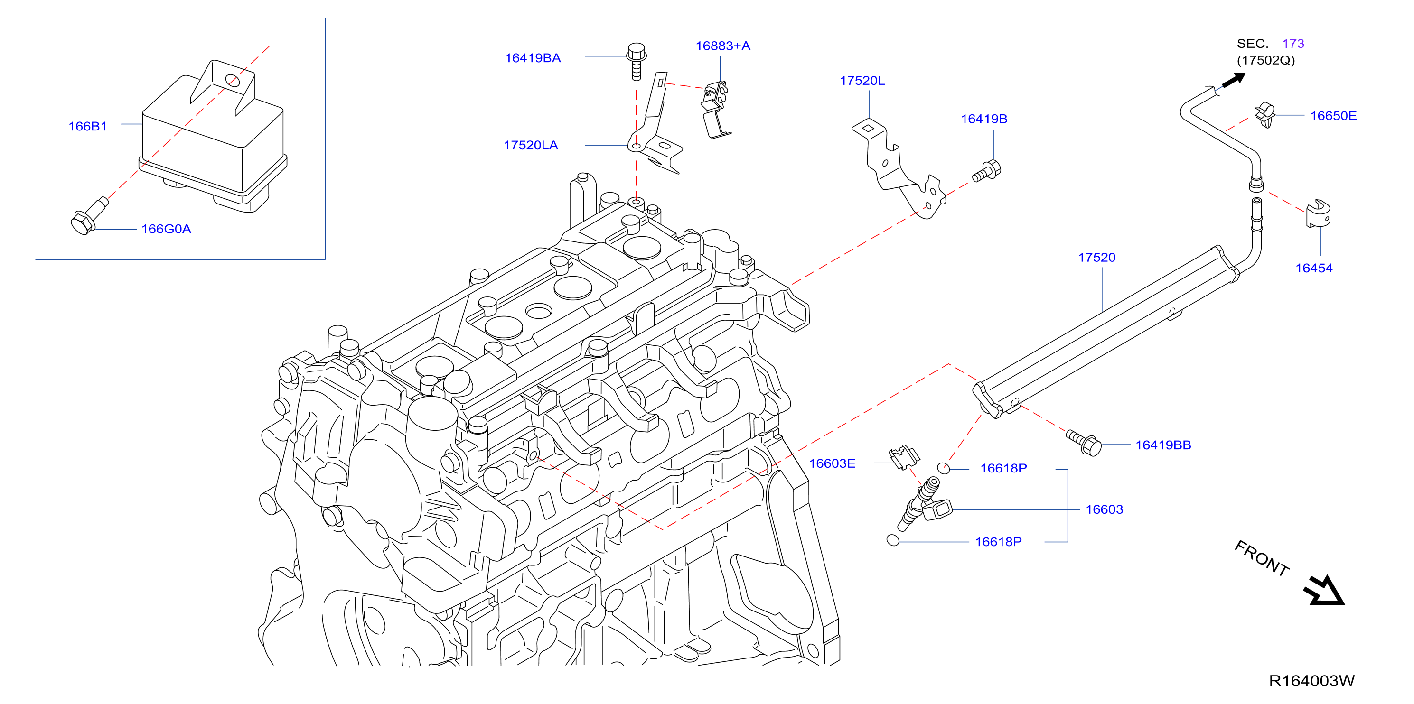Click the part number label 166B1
87,126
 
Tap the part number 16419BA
533,58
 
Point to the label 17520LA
531,146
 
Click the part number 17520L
862,81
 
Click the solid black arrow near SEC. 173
1234,81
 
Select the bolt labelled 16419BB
1084,442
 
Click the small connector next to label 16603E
904,456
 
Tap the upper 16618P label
1003,468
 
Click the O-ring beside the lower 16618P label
892,540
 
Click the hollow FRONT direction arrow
1324,591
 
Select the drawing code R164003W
1311,681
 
